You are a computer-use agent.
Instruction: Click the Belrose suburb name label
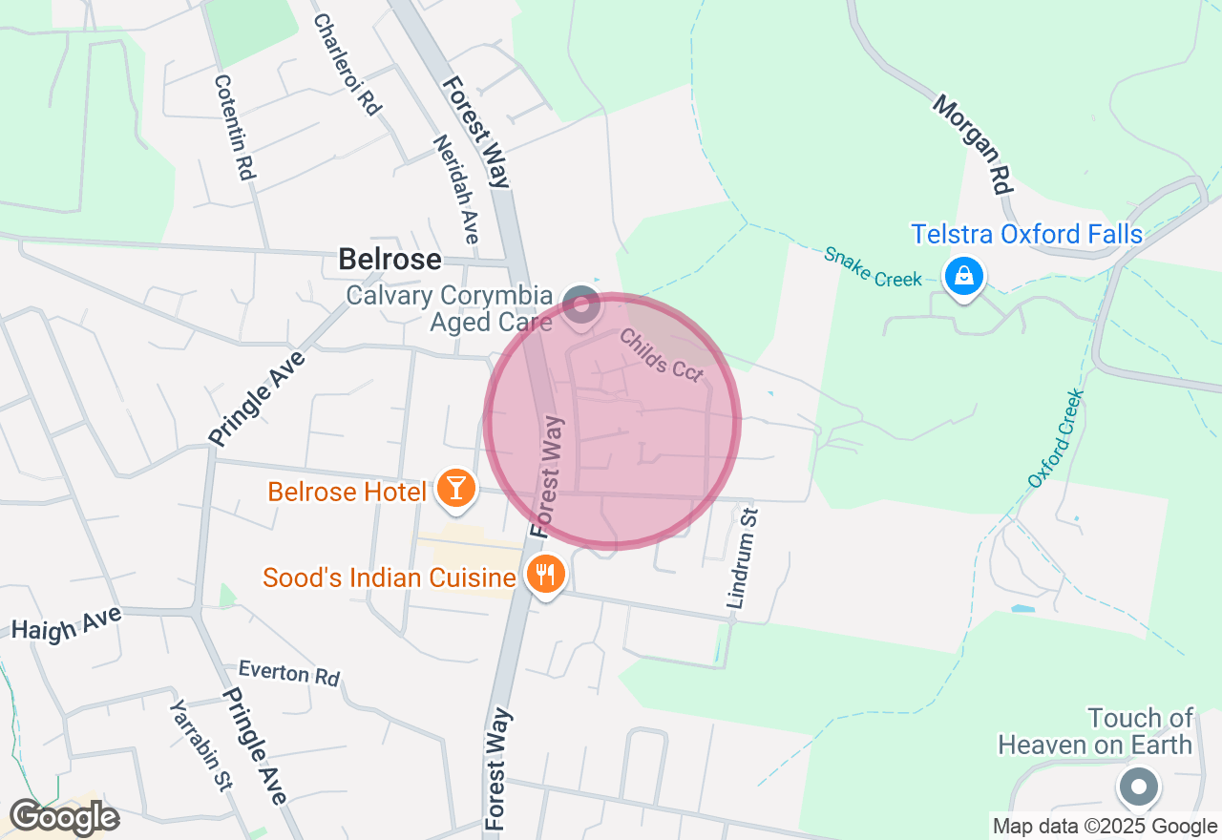point(390,260)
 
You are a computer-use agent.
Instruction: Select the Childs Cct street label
point(661,355)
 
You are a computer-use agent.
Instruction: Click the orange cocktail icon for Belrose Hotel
point(455,488)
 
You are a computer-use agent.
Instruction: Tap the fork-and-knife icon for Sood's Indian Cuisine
point(545,575)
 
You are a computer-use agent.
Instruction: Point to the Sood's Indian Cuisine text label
point(389,577)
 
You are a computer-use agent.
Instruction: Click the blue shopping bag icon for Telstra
point(963,277)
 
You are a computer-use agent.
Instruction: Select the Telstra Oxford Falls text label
point(1026,235)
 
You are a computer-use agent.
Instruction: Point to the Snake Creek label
point(874,266)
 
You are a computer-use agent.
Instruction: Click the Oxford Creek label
point(1057,438)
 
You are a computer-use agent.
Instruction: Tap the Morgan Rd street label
point(972,143)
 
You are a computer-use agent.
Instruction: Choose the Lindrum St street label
point(742,558)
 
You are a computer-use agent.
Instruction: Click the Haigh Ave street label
point(67,620)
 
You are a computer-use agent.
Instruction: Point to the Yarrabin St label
point(201,745)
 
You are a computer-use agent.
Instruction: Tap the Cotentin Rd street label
point(234,128)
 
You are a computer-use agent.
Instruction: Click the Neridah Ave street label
point(455,188)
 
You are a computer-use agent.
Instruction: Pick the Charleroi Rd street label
point(347,64)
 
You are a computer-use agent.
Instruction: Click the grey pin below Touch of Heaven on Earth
point(1138,787)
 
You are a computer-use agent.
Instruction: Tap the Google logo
point(64,818)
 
